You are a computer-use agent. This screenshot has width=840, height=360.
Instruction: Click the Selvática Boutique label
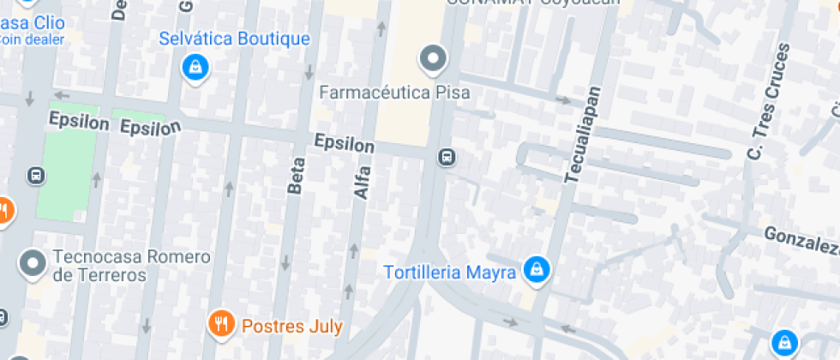point(234,39)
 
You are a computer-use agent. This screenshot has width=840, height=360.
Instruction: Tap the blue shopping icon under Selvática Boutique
point(195,66)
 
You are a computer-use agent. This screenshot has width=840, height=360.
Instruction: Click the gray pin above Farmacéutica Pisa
point(433,59)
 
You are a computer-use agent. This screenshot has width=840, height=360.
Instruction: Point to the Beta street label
point(297,177)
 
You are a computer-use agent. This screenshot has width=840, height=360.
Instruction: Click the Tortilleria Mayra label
point(450,273)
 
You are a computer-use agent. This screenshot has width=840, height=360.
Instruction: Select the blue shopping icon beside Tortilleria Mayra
point(537,269)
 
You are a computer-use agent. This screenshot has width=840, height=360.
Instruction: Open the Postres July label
point(292,326)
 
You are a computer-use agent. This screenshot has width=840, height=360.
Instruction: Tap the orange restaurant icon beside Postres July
point(221,323)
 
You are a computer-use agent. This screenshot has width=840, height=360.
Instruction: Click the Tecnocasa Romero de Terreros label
point(130,266)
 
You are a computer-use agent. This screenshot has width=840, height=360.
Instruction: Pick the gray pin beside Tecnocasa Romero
point(33,263)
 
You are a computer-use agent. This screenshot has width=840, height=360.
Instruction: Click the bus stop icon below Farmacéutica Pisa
point(447,158)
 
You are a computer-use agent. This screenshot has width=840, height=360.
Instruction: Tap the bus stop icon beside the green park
point(37,176)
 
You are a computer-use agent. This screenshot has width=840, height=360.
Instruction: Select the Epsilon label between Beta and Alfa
point(344,143)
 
